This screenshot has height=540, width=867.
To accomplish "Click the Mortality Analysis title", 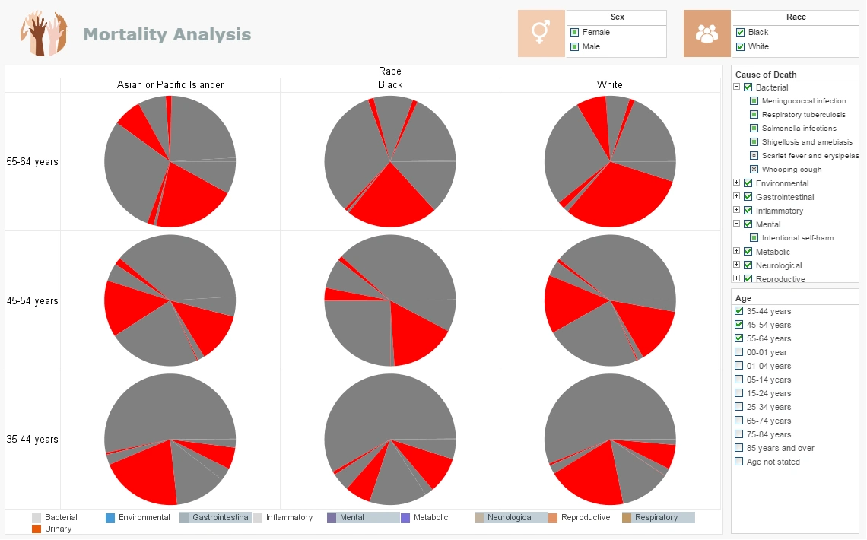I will point(167,34).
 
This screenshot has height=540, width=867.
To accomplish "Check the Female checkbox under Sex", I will point(575,33).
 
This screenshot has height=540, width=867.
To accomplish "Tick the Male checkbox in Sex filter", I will point(575,47).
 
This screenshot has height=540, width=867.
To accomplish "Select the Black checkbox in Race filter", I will point(740,33).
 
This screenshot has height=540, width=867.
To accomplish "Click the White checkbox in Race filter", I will point(740,47).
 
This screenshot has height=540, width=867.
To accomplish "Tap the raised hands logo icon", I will point(44,34).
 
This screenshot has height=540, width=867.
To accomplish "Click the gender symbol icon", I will point(541,33).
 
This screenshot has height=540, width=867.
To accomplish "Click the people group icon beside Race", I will point(707,33).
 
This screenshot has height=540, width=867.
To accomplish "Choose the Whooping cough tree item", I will point(791,170).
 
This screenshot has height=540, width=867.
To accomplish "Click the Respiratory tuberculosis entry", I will point(803,115).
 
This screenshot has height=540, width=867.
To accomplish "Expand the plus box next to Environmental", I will point(736,183).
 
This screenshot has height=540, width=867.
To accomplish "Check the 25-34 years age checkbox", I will point(738,407).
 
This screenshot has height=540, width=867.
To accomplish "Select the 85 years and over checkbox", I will point(738,448).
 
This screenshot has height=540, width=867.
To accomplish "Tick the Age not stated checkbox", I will point(738,462).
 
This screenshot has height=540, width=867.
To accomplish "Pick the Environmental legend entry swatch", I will point(110,518).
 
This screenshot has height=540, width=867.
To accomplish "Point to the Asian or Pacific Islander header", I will point(170,84).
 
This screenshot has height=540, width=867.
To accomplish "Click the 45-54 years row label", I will point(33,300).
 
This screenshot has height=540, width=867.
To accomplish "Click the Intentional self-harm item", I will point(797,238).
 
